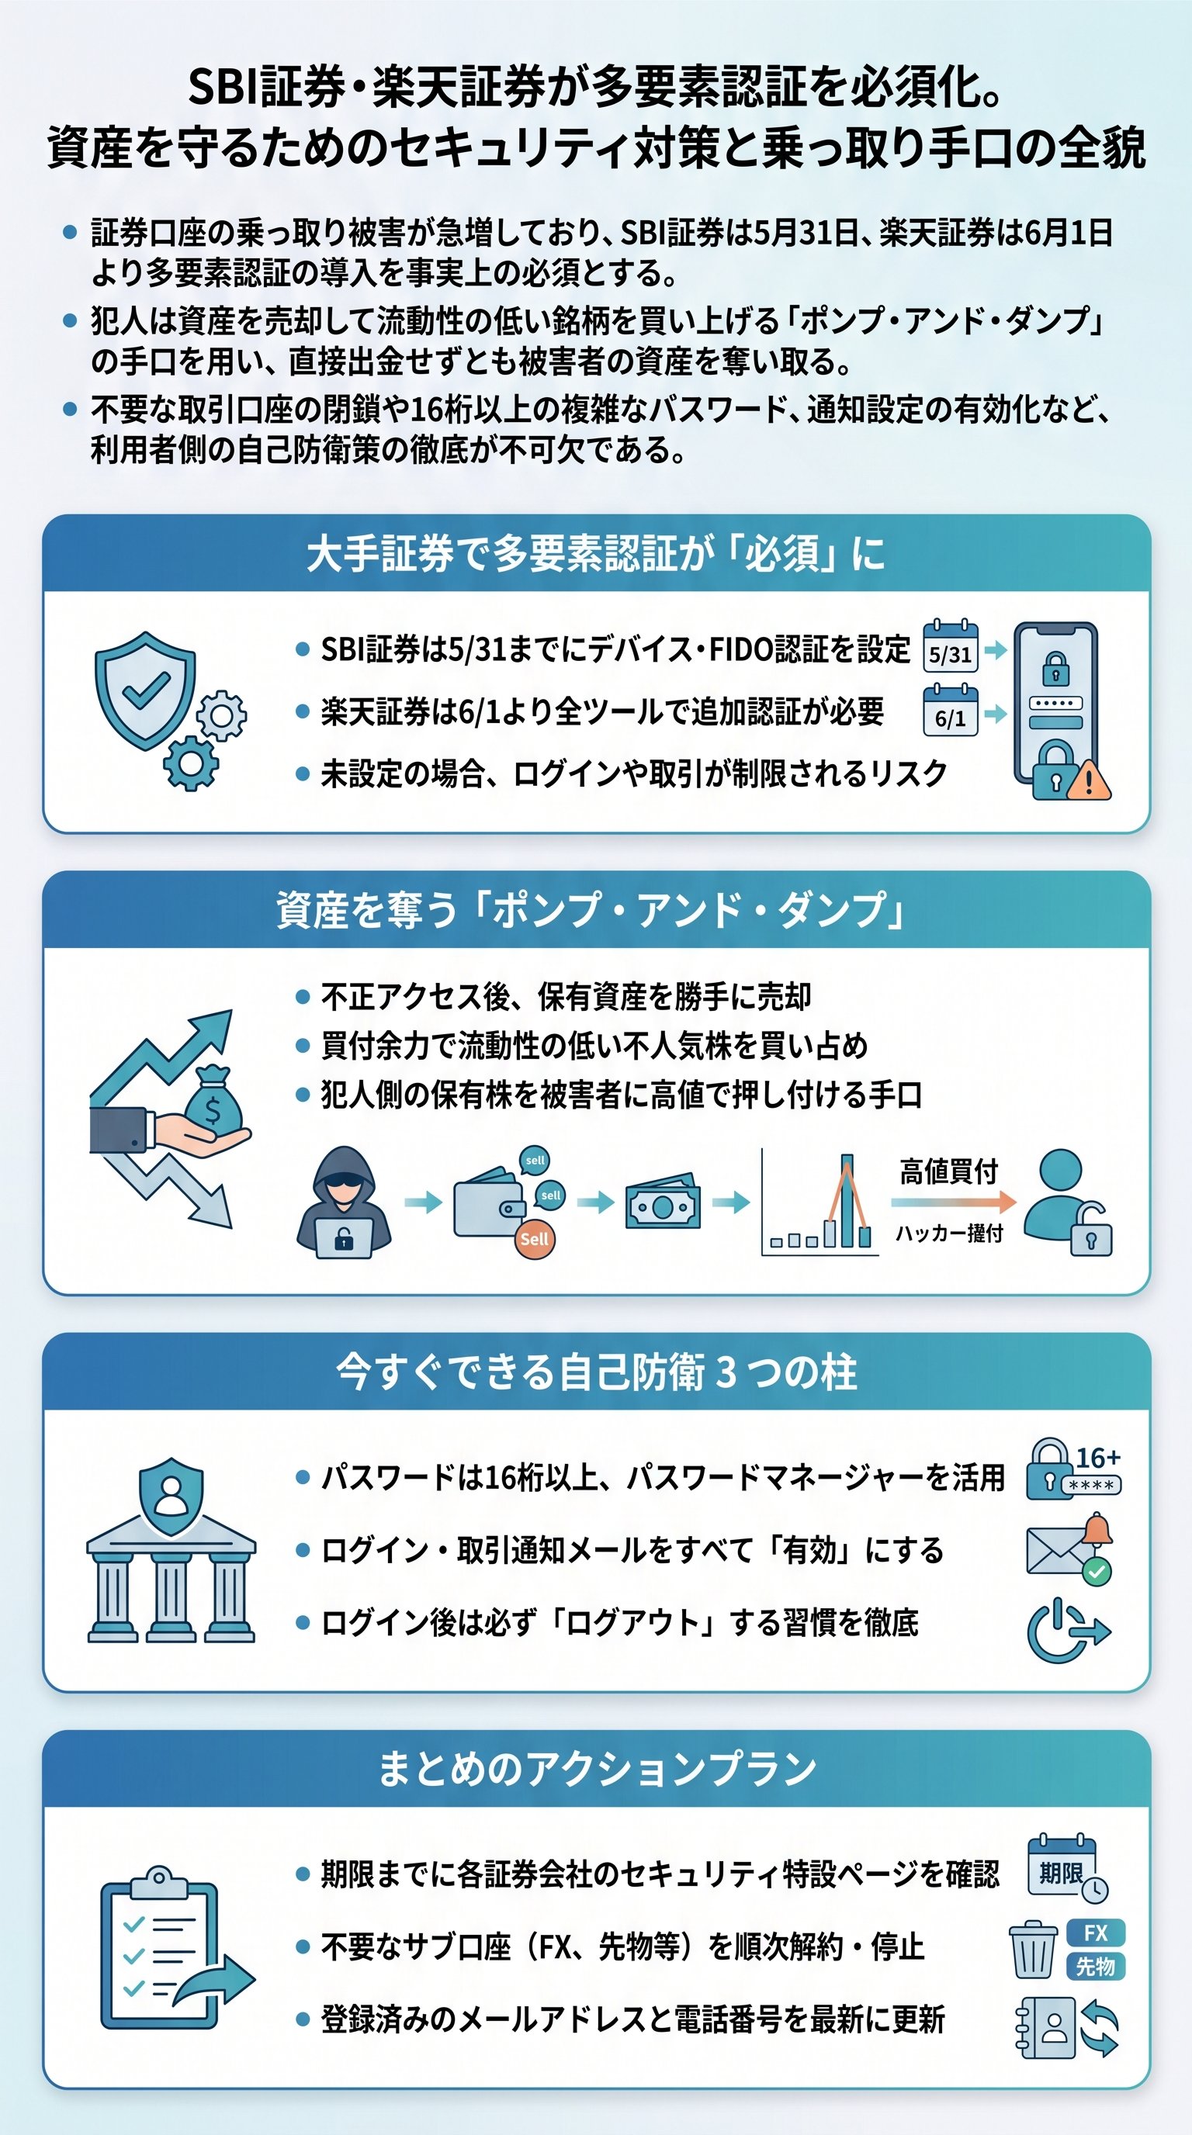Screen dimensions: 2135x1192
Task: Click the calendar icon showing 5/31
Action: point(950,646)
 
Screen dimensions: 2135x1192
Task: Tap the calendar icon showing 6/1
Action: point(950,711)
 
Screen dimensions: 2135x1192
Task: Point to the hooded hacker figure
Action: point(343,1202)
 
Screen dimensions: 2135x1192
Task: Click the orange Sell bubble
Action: point(534,1239)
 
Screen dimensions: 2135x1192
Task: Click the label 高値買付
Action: point(948,1172)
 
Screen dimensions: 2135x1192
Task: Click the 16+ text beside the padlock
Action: point(1097,1457)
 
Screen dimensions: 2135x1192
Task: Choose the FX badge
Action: point(1095,1933)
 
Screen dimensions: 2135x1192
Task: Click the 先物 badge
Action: point(1095,1966)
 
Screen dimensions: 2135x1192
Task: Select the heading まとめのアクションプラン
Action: point(596,1769)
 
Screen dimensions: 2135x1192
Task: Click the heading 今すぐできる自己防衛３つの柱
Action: point(596,1372)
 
